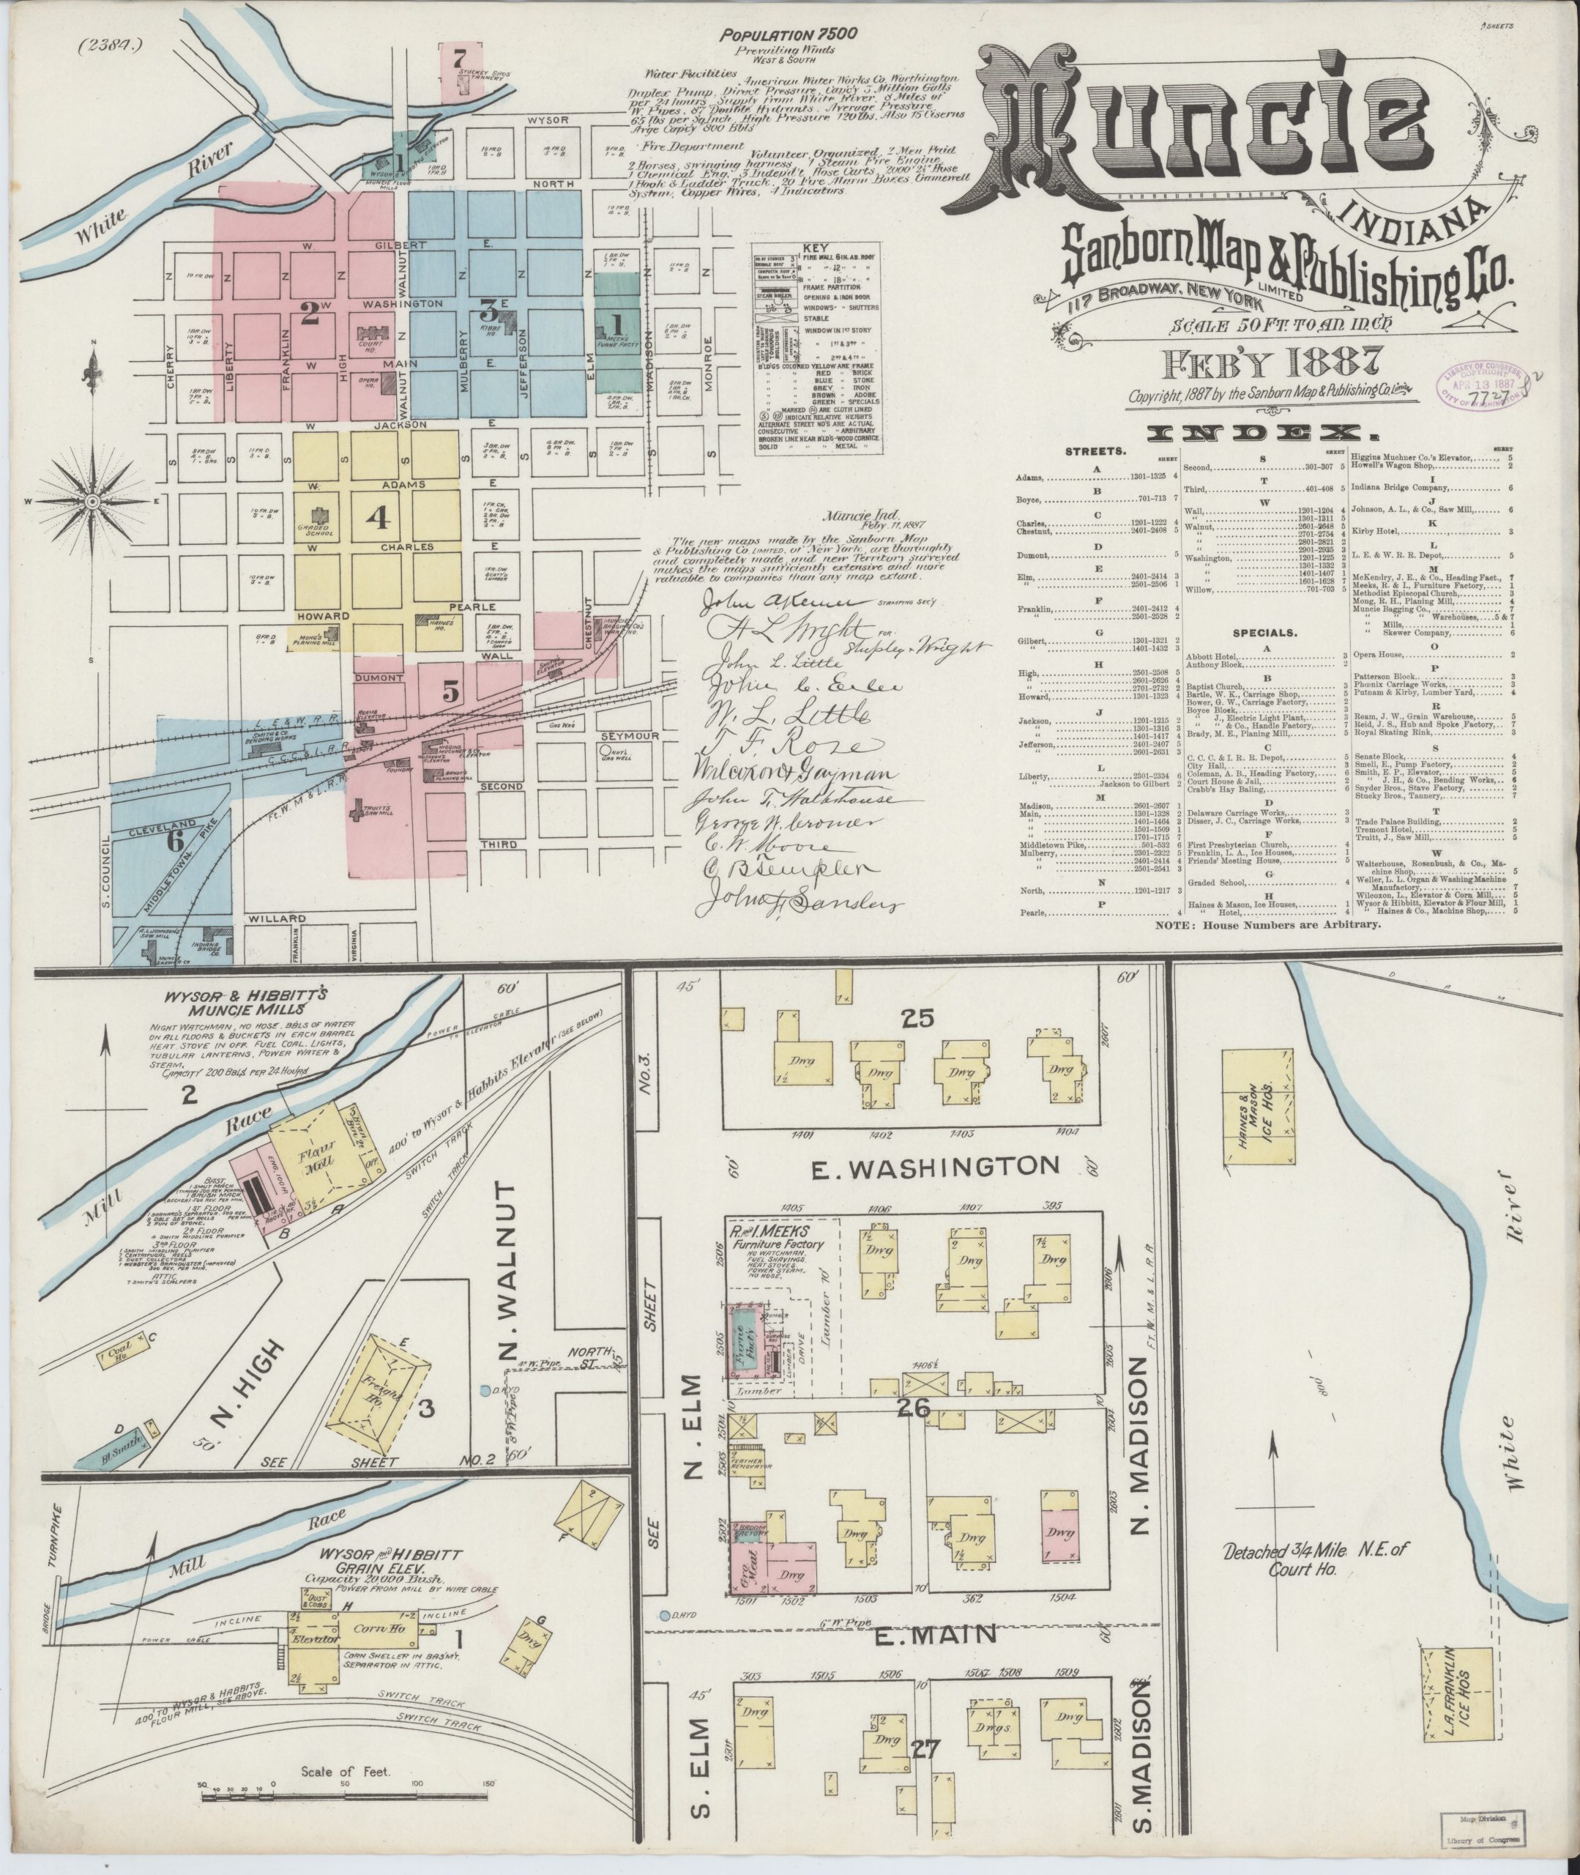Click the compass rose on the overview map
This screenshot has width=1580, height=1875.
tap(93, 501)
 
